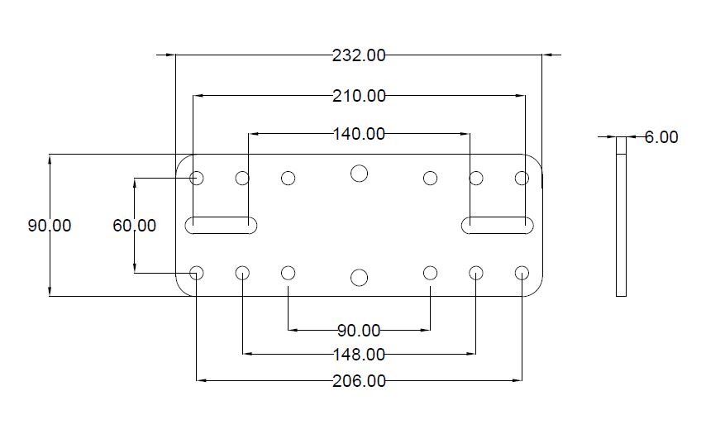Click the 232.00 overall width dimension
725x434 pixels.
(x=359, y=55)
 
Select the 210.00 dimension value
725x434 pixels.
(x=359, y=96)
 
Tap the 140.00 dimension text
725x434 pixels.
(x=359, y=133)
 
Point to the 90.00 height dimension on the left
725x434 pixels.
(x=50, y=225)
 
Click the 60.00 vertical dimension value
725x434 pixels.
(x=134, y=225)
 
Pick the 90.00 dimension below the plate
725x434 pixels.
(x=359, y=331)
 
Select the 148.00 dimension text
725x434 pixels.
(x=359, y=355)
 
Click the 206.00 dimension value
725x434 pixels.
(x=359, y=380)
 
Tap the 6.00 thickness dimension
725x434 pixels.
(x=661, y=137)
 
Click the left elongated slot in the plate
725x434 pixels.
(x=222, y=224)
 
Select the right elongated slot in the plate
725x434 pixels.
(x=497, y=224)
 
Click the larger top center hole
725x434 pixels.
(x=359, y=173)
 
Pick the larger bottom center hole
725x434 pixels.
(x=359, y=277)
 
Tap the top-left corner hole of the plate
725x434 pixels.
(x=197, y=178)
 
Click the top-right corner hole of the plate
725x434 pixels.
(x=522, y=178)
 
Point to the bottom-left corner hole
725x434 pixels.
(x=197, y=273)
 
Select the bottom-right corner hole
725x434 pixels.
(x=522, y=273)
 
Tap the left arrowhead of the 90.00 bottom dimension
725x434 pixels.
(x=292, y=331)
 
